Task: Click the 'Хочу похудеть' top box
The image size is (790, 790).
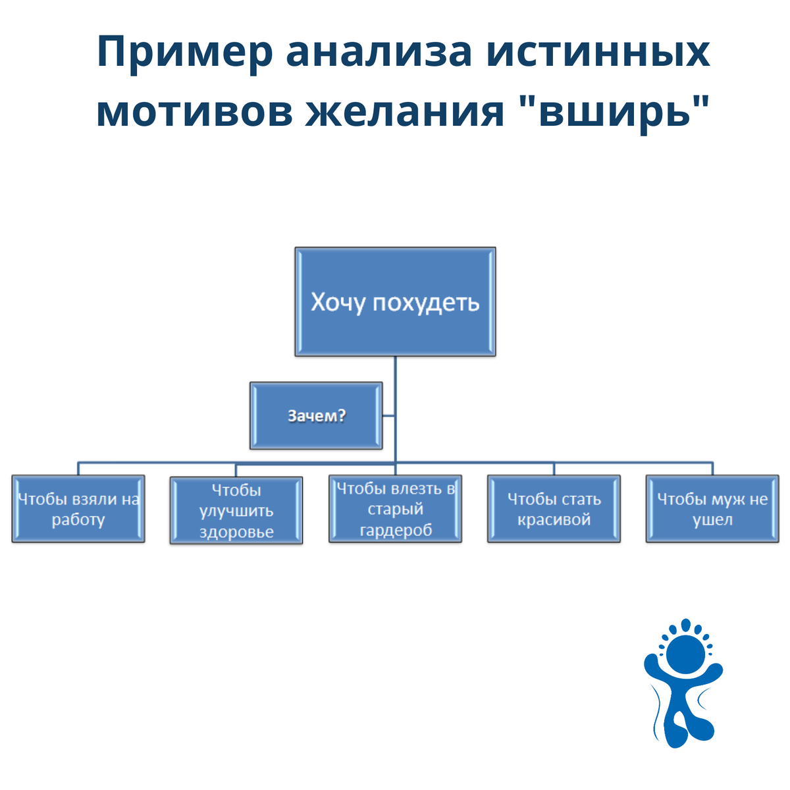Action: click(x=395, y=302)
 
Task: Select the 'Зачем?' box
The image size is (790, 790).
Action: click(x=316, y=416)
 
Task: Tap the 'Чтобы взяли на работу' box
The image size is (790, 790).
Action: click(x=78, y=509)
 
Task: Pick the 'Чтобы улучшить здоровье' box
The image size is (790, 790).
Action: click(x=236, y=511)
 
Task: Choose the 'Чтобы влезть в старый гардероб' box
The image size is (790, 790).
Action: click(x=395, y=509)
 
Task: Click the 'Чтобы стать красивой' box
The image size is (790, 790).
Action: click(x=554, y=509)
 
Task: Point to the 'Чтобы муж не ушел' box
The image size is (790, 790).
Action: click(x=712, y=509)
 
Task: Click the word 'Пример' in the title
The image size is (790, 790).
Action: click(x=184, y=53)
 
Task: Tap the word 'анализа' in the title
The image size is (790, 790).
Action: click(x=379, y=53)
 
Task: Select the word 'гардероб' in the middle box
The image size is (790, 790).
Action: click(x=396, y=530)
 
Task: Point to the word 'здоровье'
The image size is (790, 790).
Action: click(x=236, y=532)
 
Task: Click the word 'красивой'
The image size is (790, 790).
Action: click(x=554, y=519)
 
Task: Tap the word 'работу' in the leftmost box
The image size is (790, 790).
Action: click(x=78, y=520)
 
